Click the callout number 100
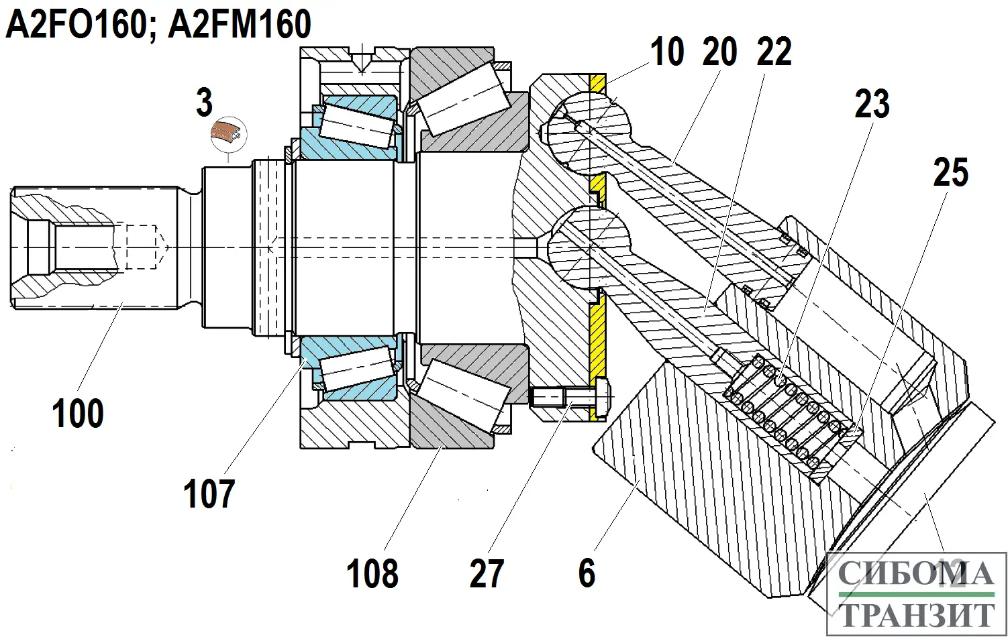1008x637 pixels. [x=78, y=413]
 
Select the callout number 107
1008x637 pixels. [x=209, y=494]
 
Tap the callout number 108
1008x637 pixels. [x=372, y=574]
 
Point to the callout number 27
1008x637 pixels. [x=487, y=574]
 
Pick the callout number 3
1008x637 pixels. [x=204, y=103]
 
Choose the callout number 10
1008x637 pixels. [x=666, y=52]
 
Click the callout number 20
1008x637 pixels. [x=720, y=52]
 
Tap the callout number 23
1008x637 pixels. [x=872, y=104]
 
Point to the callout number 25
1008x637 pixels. [x=950, y=172]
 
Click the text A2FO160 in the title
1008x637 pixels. [x=76, y=25]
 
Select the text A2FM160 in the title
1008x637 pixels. [x=240, y=25]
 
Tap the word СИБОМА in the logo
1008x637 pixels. [x=916, y=575]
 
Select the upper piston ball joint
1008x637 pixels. [x=589, y=129]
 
